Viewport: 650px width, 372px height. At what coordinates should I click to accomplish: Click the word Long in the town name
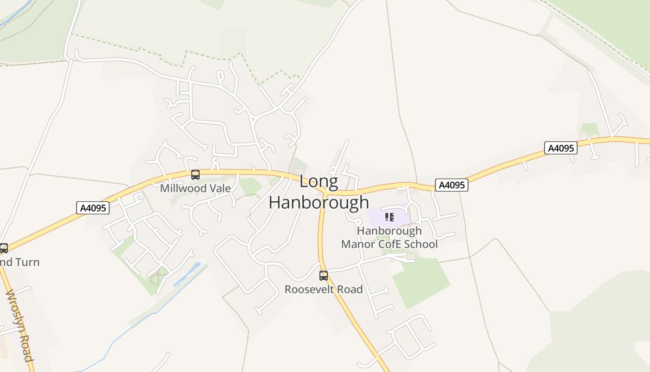click(x=318, y=181)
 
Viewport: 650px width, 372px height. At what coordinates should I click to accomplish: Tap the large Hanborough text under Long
click(x=319, y=202)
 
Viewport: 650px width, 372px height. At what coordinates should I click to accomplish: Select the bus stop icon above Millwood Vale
click(x=195, y=175)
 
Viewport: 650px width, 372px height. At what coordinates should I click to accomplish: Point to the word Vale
click(x=220, y=188)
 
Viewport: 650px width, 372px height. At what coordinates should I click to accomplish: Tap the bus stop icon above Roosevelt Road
click(x=324, y=276)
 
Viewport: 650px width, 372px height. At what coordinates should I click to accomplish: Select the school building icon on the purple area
click(x=390, y=217)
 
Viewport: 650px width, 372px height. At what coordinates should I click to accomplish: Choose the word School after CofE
click(x=421, y=244)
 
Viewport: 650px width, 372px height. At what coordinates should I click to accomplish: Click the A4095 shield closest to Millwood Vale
click(x=93, y=208)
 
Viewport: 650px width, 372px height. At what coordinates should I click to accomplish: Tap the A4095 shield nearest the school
click(x=452, y=185)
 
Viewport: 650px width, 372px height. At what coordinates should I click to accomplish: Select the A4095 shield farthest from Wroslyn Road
click(x=561, y=148)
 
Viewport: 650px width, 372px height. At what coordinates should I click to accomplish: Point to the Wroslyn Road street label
click(x=19, y=325)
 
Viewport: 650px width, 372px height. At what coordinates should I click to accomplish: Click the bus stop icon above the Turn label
click(x=4, y=248)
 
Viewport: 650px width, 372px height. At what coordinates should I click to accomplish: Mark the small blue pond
click(x=187, y=275)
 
